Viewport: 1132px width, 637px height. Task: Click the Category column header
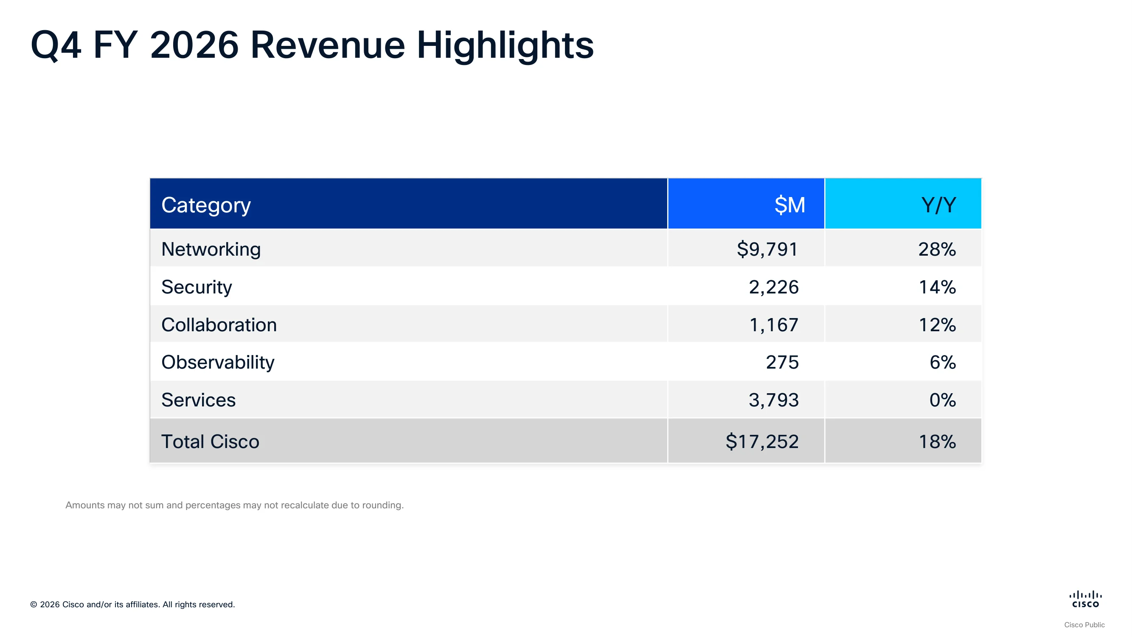point(206,205)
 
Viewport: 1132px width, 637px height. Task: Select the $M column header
point(789,205)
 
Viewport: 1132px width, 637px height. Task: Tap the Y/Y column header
point(938,205)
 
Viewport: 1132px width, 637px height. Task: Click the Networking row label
point(211,249)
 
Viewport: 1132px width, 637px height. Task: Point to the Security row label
point(197,287)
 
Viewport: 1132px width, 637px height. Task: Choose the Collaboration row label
point(219,325)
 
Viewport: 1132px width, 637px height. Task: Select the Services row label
point(198,400)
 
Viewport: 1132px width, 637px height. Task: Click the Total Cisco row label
point(210,441)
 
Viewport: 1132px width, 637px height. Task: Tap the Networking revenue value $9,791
point(767,249)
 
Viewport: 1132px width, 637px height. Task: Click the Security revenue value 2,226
point(773,287)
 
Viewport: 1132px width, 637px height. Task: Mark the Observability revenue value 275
point(782,362)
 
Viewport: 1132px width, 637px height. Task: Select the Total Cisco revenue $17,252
point(762,441)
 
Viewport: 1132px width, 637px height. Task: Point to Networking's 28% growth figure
point(937,249)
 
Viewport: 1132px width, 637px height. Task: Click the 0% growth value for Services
point(943,400)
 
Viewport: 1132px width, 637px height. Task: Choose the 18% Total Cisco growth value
point(937,441)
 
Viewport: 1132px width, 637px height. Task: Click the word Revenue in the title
point(328,45)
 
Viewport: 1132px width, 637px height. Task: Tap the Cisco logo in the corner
point(1085,599)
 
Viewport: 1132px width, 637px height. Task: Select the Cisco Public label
point(1084,625)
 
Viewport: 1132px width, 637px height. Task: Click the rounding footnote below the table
point(235,505)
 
